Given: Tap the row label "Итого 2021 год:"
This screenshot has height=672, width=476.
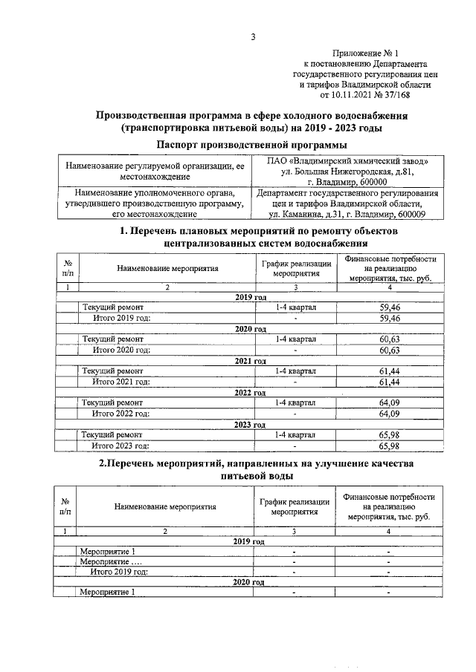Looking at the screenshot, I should tap(121, 382).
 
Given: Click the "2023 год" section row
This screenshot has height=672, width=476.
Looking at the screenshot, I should tap(249, 425).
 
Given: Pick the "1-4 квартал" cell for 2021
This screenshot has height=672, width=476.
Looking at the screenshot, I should tap(295, 371).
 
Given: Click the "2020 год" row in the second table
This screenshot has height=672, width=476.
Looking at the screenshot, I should tap(249, 583).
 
